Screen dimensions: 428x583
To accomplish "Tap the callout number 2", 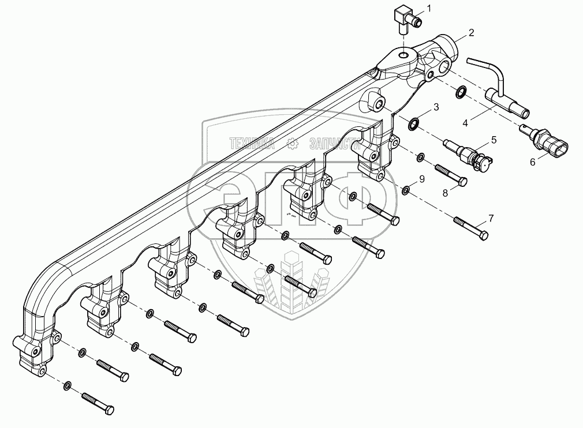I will click(x=471, y=33).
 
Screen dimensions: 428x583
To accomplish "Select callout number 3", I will click(x=436, y=107).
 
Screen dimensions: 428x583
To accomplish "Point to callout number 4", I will click(x=465, y=122).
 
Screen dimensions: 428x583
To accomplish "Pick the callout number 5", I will click(x=494, y=140).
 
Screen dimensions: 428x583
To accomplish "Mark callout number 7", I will click(x=491, y=218).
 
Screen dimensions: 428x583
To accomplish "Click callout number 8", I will click(x=445, y=193).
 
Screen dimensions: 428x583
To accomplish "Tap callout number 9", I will click(x=422, y=179).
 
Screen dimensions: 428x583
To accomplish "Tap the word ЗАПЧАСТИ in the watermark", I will click(x=335, y=142).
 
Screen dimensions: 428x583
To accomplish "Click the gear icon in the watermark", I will click(x=293, y=142).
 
